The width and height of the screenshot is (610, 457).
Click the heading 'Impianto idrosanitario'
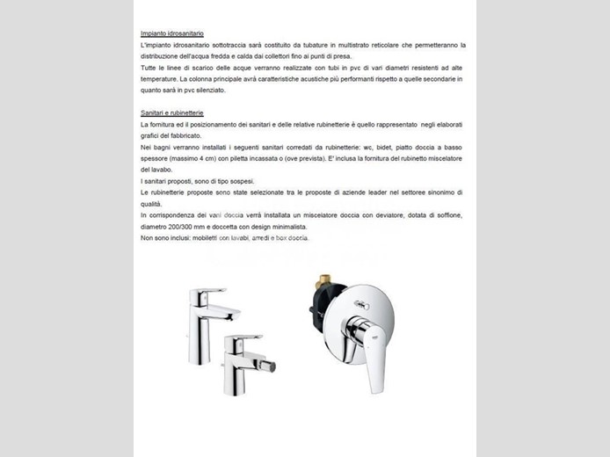coord(172,33)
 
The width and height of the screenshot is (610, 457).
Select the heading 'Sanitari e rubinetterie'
coord(172,113)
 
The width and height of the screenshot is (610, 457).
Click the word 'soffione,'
coord(446,215)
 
